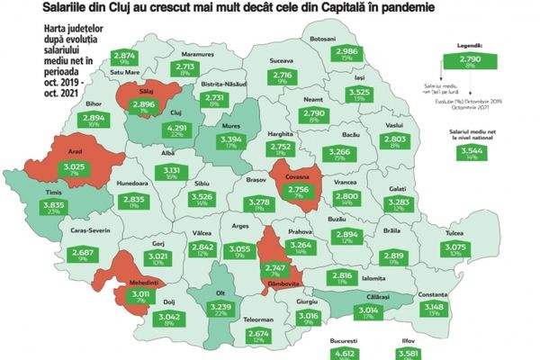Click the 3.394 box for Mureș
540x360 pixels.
coord(229,142)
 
